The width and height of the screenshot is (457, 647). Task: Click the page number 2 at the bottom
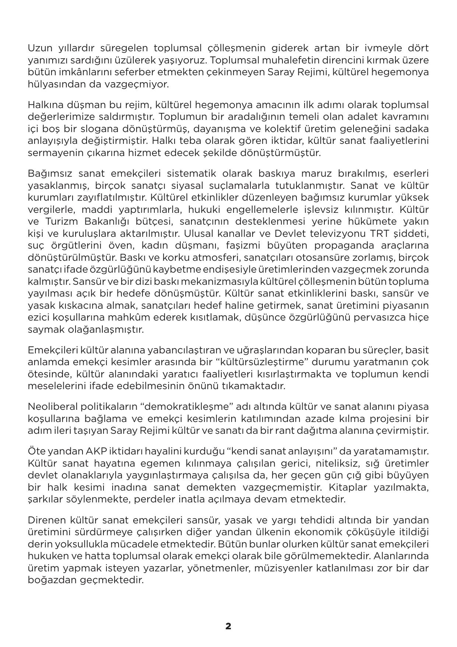pyautogui.click(x=228, y=626)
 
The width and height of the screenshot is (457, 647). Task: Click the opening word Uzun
pyautogui.click(x=41, y=48)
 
